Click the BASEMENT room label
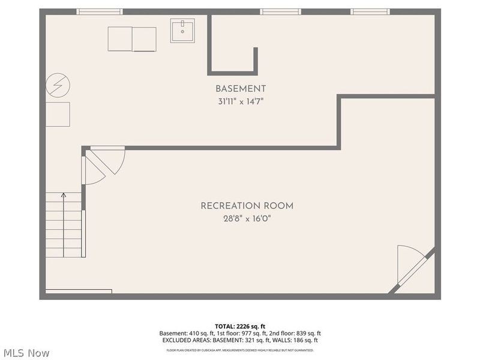tap(240, 89)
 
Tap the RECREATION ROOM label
tap(247, 206)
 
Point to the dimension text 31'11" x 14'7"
tap(240, 101)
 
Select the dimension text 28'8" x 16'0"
tap(247, 218)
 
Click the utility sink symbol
tap(182, 31)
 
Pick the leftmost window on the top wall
tap(100, 11)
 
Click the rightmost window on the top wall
tap(370, 11)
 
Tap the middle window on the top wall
tap(280, 11)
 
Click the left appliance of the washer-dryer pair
tap(120, 39)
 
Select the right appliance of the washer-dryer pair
tap(144, 39)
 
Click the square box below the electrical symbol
tap(58, 114)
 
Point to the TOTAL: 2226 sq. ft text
tap(240, 326)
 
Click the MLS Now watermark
tap(26, 353)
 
